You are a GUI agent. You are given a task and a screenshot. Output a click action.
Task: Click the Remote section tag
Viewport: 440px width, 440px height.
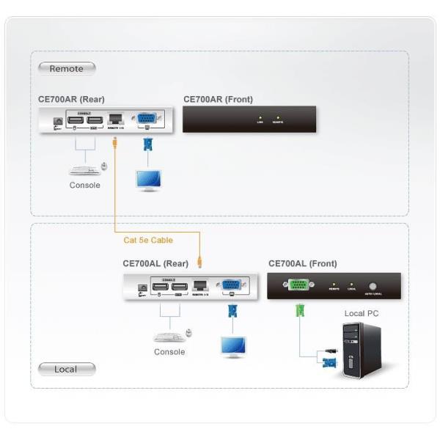pyautogui.click(x=66, y=68)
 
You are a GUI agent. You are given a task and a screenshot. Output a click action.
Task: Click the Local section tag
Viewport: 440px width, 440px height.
pyautogui.click(x=66, y=369)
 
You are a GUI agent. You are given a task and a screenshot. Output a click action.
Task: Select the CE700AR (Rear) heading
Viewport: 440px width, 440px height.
pyautogui.click(x=72, y=98)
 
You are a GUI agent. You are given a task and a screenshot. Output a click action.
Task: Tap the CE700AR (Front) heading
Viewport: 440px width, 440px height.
pyautogui.click(x=219, y=98)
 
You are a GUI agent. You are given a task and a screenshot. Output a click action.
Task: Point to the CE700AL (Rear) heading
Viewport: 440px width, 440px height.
pyautogui.click(x=155, y=263)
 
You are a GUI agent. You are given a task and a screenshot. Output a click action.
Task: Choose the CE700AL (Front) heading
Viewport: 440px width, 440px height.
pyautogui.click(x=303, y=263)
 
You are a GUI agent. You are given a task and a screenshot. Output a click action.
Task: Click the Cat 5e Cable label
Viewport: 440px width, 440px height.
pyautogui.click(x=148, y=240)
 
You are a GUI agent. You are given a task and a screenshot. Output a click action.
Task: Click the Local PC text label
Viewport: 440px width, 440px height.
pyautogui.click(x=361, y=313)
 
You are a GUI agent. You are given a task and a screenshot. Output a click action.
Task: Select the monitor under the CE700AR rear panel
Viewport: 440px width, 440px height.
pyautogui.click(x=149, y=180)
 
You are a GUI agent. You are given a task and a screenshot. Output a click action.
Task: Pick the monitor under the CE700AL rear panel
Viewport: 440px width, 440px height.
pyautogui.click(x=234, y=345)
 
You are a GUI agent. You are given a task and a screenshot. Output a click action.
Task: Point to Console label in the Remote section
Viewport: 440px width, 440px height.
pyautogui.click(x=85, y=186)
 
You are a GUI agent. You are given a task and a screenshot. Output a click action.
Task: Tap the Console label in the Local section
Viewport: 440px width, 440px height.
pyautogui.click(x=169, y=352)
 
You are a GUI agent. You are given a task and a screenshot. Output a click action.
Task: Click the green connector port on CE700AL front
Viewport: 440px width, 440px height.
pyautogui.click(x=298, y=286)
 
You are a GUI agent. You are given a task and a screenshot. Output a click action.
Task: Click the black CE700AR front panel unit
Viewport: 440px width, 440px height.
pyautogui.click(x=249, y=119)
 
